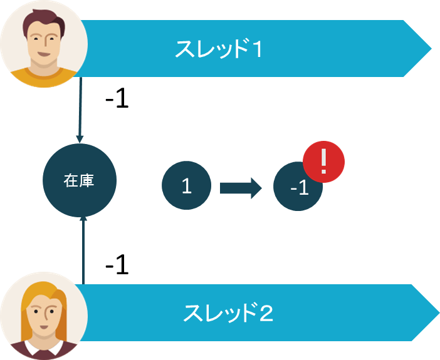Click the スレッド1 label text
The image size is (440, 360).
tap(218, 49)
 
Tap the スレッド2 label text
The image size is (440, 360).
tap(228, 313)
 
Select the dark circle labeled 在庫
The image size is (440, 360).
tap(80, 180)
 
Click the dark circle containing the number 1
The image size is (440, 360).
tap(186, 185)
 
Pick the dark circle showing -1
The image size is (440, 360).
tap(295, 188)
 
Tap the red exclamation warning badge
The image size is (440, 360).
tap(323, 162)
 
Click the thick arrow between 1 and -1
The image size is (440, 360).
tap(241, 188)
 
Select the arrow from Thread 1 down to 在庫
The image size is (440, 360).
tap(80, 110)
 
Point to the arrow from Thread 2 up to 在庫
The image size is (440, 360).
tap(83, 250)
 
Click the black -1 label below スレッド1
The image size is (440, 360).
tap(117, 98)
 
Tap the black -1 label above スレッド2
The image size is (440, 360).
tap(117, 264)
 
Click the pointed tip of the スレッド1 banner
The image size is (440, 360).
tap(431, 48)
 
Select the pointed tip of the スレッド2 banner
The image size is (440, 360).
tap(439, 312)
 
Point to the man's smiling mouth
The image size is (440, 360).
tap(44, 54)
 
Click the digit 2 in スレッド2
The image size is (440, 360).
tap(265, 313)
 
